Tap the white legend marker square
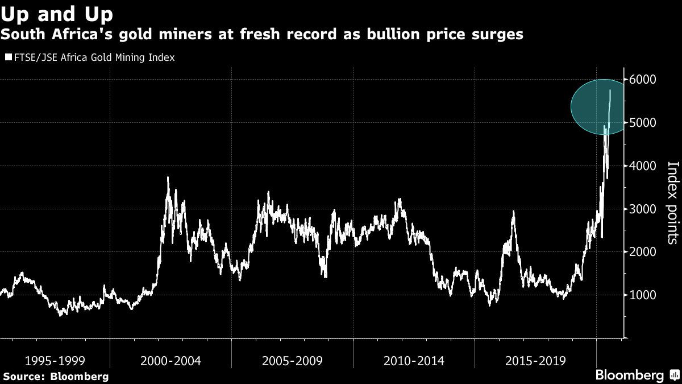click(x=7, y=57)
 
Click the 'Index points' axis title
click(x=672, y=203)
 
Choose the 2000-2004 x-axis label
click(x=170, y=361)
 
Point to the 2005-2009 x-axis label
click(x=292, y=361)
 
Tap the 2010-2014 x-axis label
click(x=414, y=361)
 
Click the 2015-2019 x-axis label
click(x=535, y=361)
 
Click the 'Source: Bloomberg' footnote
click(x=55, y=376)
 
